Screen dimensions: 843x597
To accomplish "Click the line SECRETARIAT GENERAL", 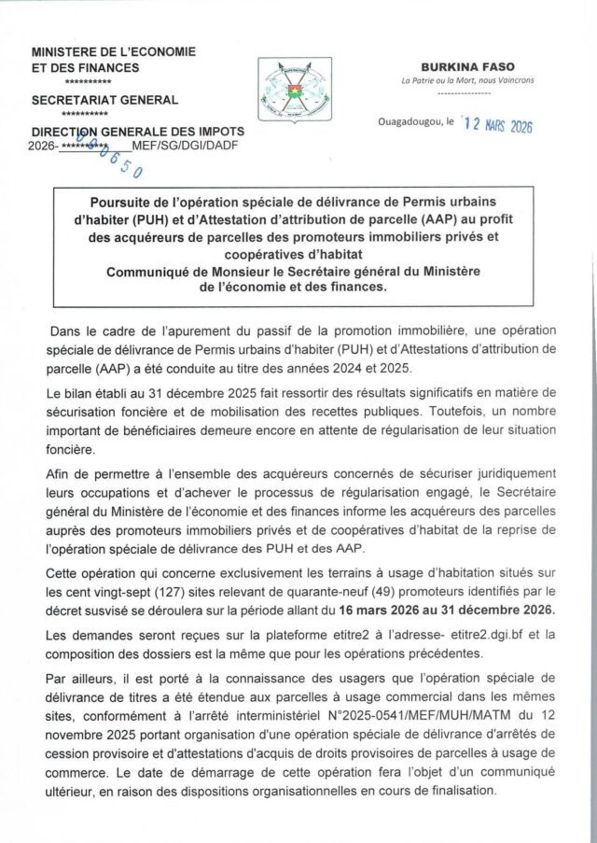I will (x=104, y=100).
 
